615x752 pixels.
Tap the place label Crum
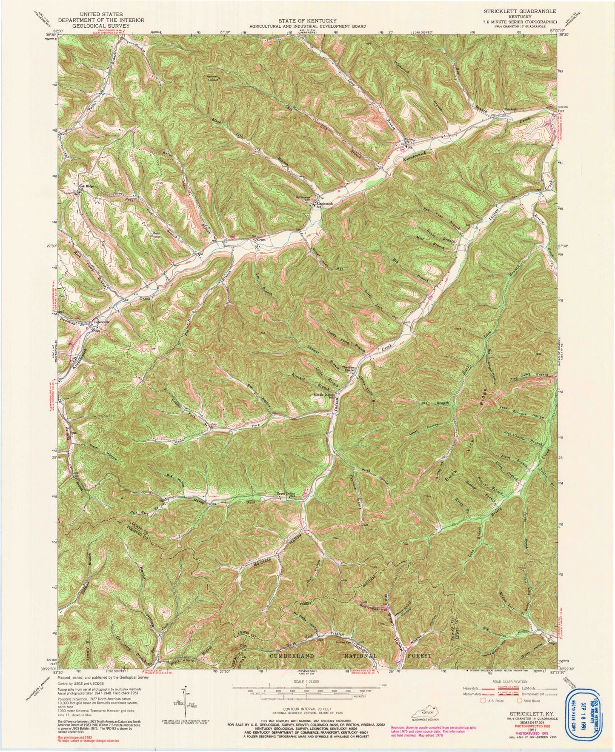(x=261, y=240)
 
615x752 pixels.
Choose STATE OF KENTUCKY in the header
(x=307, y=20)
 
